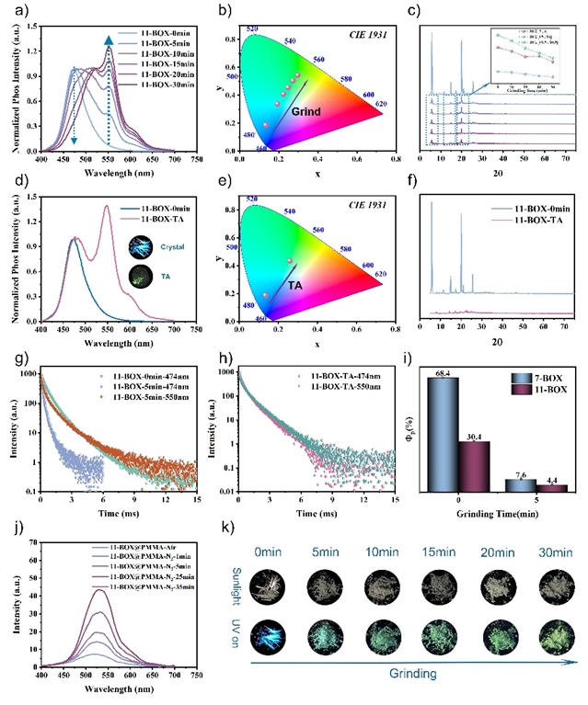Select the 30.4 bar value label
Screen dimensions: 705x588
tap(480, 438)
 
